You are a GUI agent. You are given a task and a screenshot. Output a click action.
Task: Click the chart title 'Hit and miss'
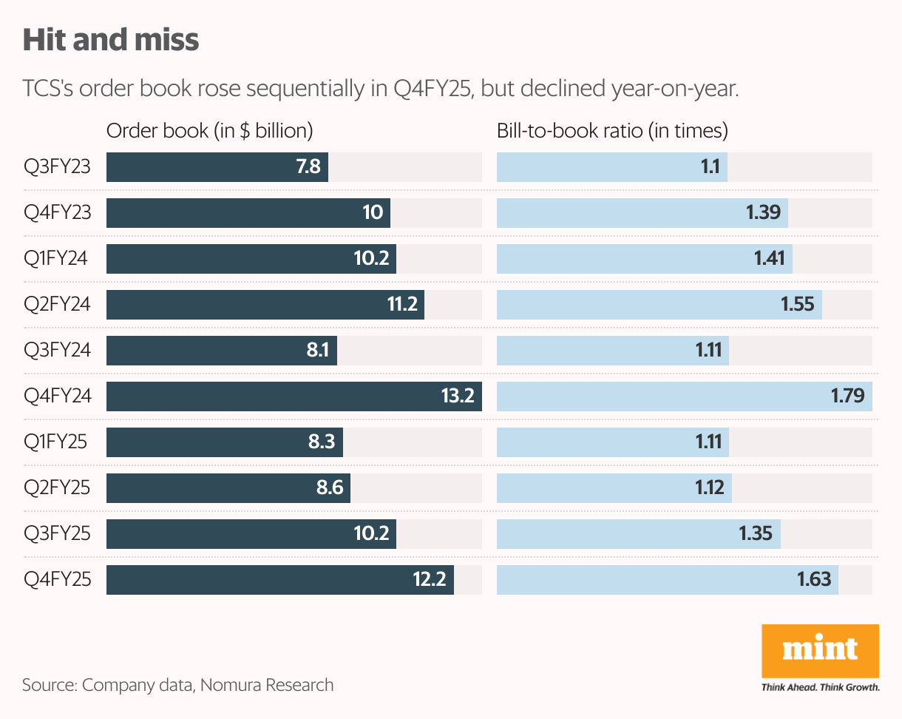(111, 40)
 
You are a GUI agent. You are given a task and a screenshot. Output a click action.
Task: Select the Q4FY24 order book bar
(294, 396)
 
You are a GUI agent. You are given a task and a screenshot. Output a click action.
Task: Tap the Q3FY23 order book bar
(217, 167)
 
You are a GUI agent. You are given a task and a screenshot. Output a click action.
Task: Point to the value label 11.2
(402, 305)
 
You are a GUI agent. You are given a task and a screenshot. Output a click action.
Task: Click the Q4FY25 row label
(58, 580)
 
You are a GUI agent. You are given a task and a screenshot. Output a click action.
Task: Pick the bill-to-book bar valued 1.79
(684, 396)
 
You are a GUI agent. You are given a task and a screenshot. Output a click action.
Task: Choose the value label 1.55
(797, 305)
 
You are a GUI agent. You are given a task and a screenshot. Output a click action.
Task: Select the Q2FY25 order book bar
(228, 488)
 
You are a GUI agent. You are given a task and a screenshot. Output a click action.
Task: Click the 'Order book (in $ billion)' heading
(210, 131)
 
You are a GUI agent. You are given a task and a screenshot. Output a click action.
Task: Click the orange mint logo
(820, 651)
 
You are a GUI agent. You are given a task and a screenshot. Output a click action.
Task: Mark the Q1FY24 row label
(56, 259)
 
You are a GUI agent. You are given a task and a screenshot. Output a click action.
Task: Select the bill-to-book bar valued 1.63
(667, 580)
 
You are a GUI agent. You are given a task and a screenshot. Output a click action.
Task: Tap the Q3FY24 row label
(58, 351)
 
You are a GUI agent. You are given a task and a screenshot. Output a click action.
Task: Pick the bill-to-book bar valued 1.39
(642, 213)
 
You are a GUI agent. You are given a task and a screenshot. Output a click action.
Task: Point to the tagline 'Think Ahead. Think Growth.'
(820, 687)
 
